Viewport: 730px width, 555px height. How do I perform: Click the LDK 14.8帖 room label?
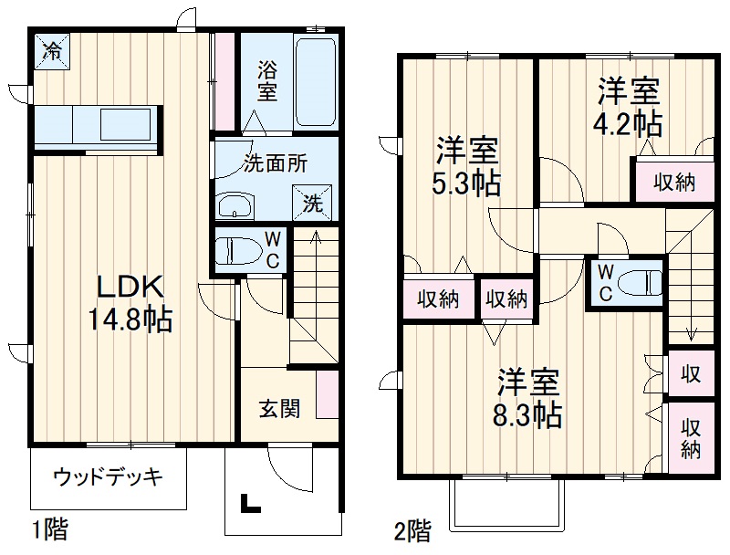[130, 303]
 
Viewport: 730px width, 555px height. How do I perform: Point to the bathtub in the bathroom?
[316, 82]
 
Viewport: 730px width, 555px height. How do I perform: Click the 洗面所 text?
[274, 164]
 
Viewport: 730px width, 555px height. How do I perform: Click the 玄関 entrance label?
[278, 408]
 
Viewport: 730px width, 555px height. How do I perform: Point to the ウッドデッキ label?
[108, 476]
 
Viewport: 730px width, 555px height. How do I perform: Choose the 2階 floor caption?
[412, 529]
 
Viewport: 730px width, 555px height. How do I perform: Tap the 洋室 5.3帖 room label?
[466, 166]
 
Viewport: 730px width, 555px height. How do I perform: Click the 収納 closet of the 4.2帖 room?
[674, 183]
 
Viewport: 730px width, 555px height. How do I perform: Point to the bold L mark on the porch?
[247, 503]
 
